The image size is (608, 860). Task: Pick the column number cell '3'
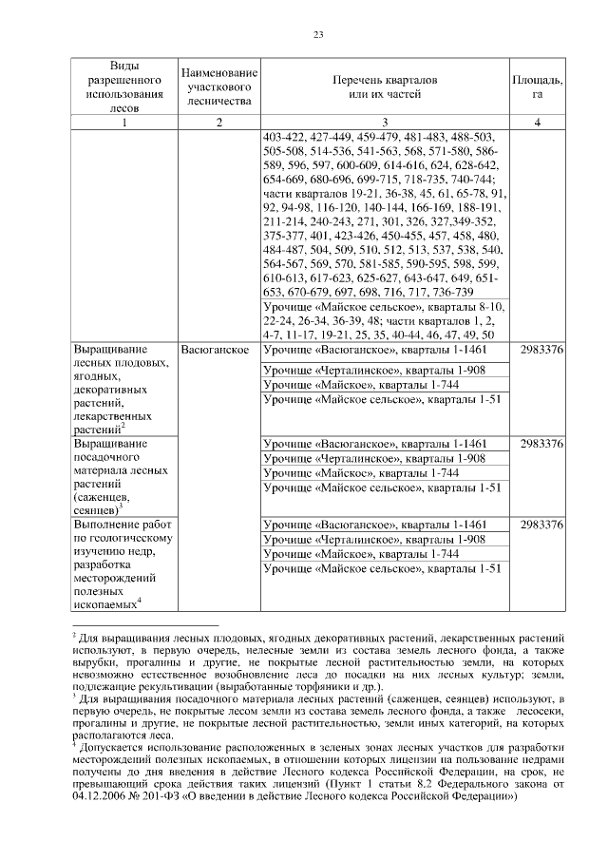[x=385, y=122]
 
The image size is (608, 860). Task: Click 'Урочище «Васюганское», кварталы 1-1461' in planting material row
[x=374, y=444]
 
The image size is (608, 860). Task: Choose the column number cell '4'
[x=537, y=122]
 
